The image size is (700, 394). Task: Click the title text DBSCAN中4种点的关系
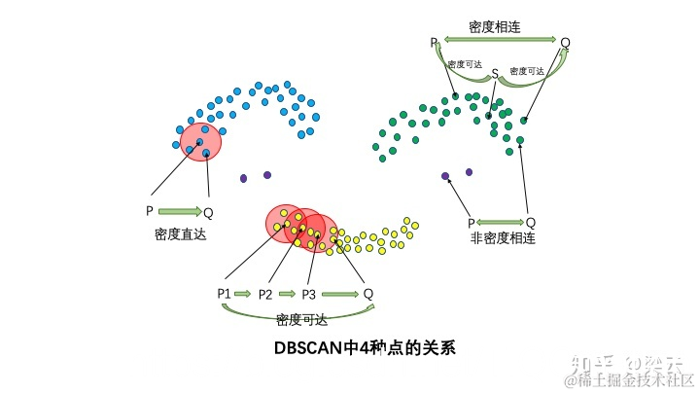pyautogui.click(x=365, y=347)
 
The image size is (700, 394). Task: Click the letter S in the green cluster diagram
pyautogui.click(x=494, y=73)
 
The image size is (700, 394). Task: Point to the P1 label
pyautogui.click(x=224, y=293)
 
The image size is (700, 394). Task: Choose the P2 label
pyautogui.click(x=265, y=293)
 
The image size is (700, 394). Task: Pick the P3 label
pyautogui.click(x=309, y=293)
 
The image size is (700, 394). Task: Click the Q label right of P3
pyautogui.click(x=367, y=293)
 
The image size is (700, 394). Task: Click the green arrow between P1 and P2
pyautogui.click(x=243, y=293)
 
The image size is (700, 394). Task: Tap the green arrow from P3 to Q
pyautogui.click(x=340, y=293)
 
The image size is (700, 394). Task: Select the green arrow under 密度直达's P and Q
pyautogui.click(x=179, y=210)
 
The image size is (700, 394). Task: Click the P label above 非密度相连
pyautogui.click(x=471, y=222)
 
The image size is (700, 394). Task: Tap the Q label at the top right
pyautogui.click(x=565, y=43)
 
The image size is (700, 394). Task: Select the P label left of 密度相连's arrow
pyautogui.click(x=434, y=43)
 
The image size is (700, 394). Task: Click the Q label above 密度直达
pyautogui.click(x=208, y=211)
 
